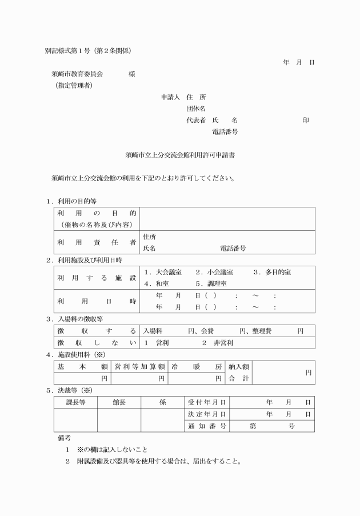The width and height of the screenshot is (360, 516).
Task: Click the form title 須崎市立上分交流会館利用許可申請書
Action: pos(181,154)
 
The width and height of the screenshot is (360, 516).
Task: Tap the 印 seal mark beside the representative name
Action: pos(306,120)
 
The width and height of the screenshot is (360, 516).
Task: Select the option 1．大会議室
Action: pos(163,272)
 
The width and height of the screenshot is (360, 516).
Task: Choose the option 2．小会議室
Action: pos(214,272)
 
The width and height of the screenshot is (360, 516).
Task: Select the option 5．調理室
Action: pos(211,283)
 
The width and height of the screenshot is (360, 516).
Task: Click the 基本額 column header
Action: pos(82,366)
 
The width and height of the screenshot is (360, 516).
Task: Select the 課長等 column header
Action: pos(75,402)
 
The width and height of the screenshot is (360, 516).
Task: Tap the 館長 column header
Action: pos(119,402)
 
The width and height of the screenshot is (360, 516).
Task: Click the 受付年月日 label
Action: pos(207,402)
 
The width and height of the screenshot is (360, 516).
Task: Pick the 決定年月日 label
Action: pos(207,414)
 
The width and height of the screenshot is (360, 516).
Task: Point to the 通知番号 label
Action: pos(207,426)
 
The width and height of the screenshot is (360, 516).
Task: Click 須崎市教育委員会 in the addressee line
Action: pos(77,74)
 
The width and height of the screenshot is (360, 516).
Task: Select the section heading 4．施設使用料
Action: pos(79,355)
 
